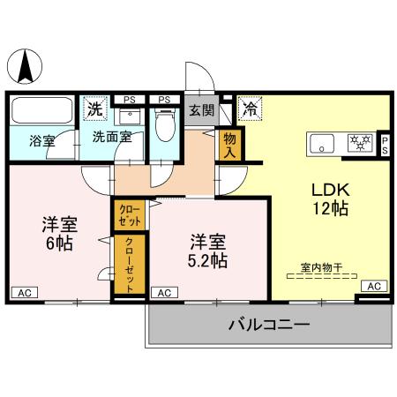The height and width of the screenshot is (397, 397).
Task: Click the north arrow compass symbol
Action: click(27, 67)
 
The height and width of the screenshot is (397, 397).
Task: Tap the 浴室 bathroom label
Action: click(41, 139)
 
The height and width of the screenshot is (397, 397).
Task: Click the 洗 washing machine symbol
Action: click(94, 110)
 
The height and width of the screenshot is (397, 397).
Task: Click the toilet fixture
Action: click(164, 127)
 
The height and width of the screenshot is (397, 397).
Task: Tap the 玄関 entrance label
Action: click(200, 111)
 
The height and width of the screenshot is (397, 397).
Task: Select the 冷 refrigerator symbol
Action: click(250, 112)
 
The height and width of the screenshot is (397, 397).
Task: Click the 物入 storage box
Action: click(230, 144)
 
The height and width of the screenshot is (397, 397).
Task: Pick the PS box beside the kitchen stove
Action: click(385, 144)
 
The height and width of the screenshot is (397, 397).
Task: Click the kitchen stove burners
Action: click(360, 141)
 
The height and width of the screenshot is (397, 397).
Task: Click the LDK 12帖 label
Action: click(325, 199)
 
